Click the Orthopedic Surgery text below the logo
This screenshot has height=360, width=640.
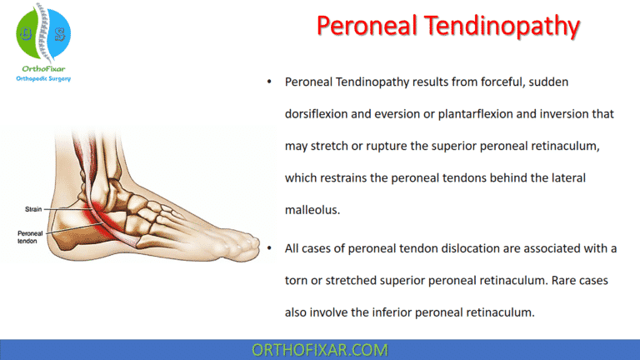(43, 79)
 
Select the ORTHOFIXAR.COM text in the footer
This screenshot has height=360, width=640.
(319, 349)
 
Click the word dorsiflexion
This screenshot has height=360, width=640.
(322, 113)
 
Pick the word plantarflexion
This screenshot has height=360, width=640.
(466, 113)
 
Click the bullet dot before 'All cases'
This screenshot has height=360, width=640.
(268, 249)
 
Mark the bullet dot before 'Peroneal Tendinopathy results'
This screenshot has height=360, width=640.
(268, 82)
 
